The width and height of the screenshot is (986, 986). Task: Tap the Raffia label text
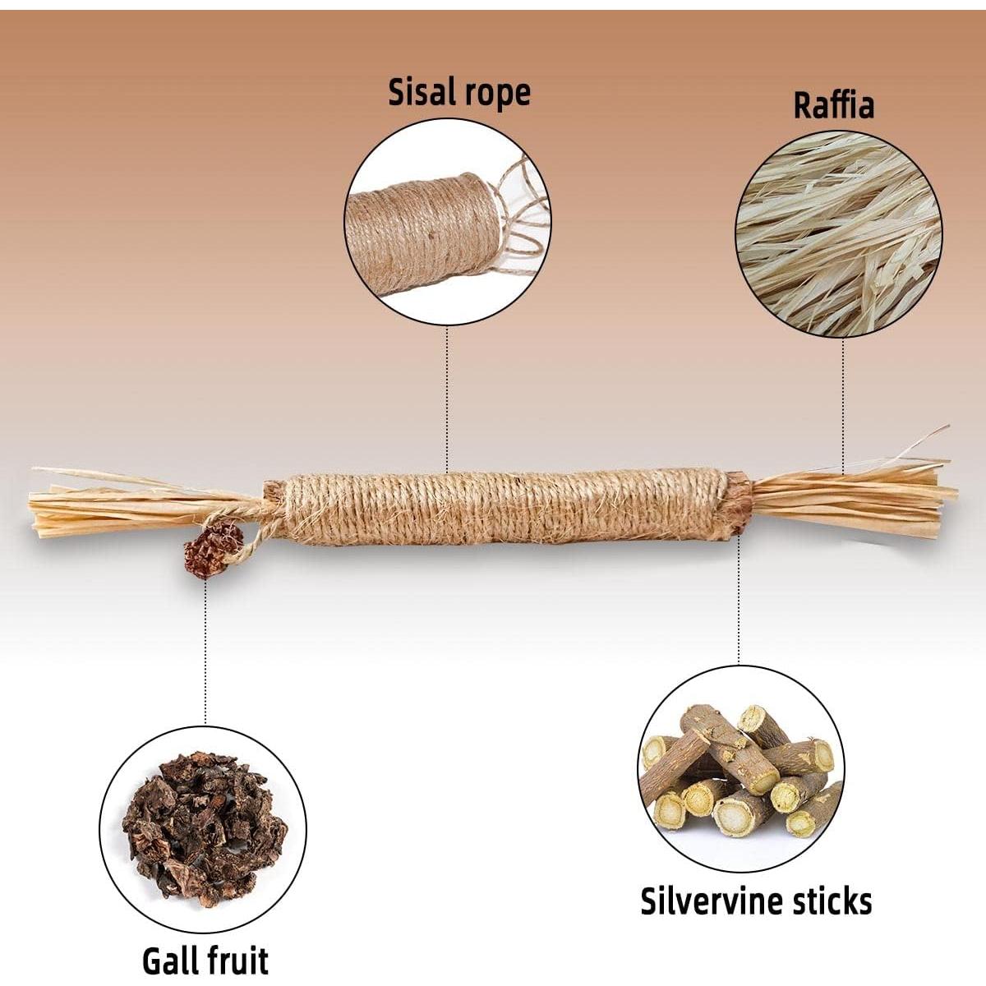pyautogui.click(x=833, y=105)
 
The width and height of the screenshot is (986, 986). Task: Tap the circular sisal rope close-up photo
pyautogui.click(x=447, y=221)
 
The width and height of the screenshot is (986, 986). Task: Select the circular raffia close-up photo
pyautogui.click(x=839, y=234)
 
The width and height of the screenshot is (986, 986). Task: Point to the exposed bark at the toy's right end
pyautogui.click(x=739, y=503)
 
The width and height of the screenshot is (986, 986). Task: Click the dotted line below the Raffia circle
pyautogui.click(x=843, y=405)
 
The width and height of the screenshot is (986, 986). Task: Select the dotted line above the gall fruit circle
pyautogui.click(x=205, y=652)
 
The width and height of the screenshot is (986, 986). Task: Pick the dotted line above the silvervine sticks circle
pyautogui.click(x=739, y=600)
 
